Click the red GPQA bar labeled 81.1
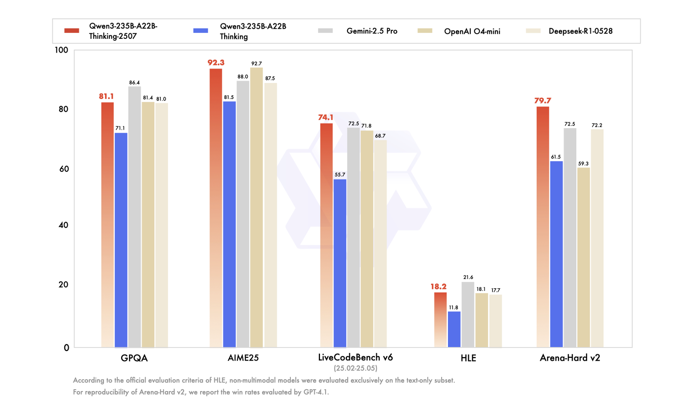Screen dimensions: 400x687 point(107,224)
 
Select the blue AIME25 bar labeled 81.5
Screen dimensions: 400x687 point(229,224)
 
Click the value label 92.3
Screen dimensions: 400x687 point(216,63)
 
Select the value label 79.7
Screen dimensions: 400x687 point(542,101)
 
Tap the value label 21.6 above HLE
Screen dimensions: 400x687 point(468,277)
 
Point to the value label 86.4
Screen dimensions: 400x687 point(134,83)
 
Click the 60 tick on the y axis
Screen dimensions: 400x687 point(64,169)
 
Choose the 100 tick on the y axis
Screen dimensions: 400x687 point(61,50)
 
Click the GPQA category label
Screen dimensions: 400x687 point(134,358)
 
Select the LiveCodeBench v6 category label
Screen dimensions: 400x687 point(355,357)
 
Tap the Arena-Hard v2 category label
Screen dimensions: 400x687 point(569,358)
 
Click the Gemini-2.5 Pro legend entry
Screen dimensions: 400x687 point(372,31)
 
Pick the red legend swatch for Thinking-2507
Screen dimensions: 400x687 point(72,31)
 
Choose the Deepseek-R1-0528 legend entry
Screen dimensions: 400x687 point(580,31)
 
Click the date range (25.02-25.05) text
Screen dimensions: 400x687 point(355,368)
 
